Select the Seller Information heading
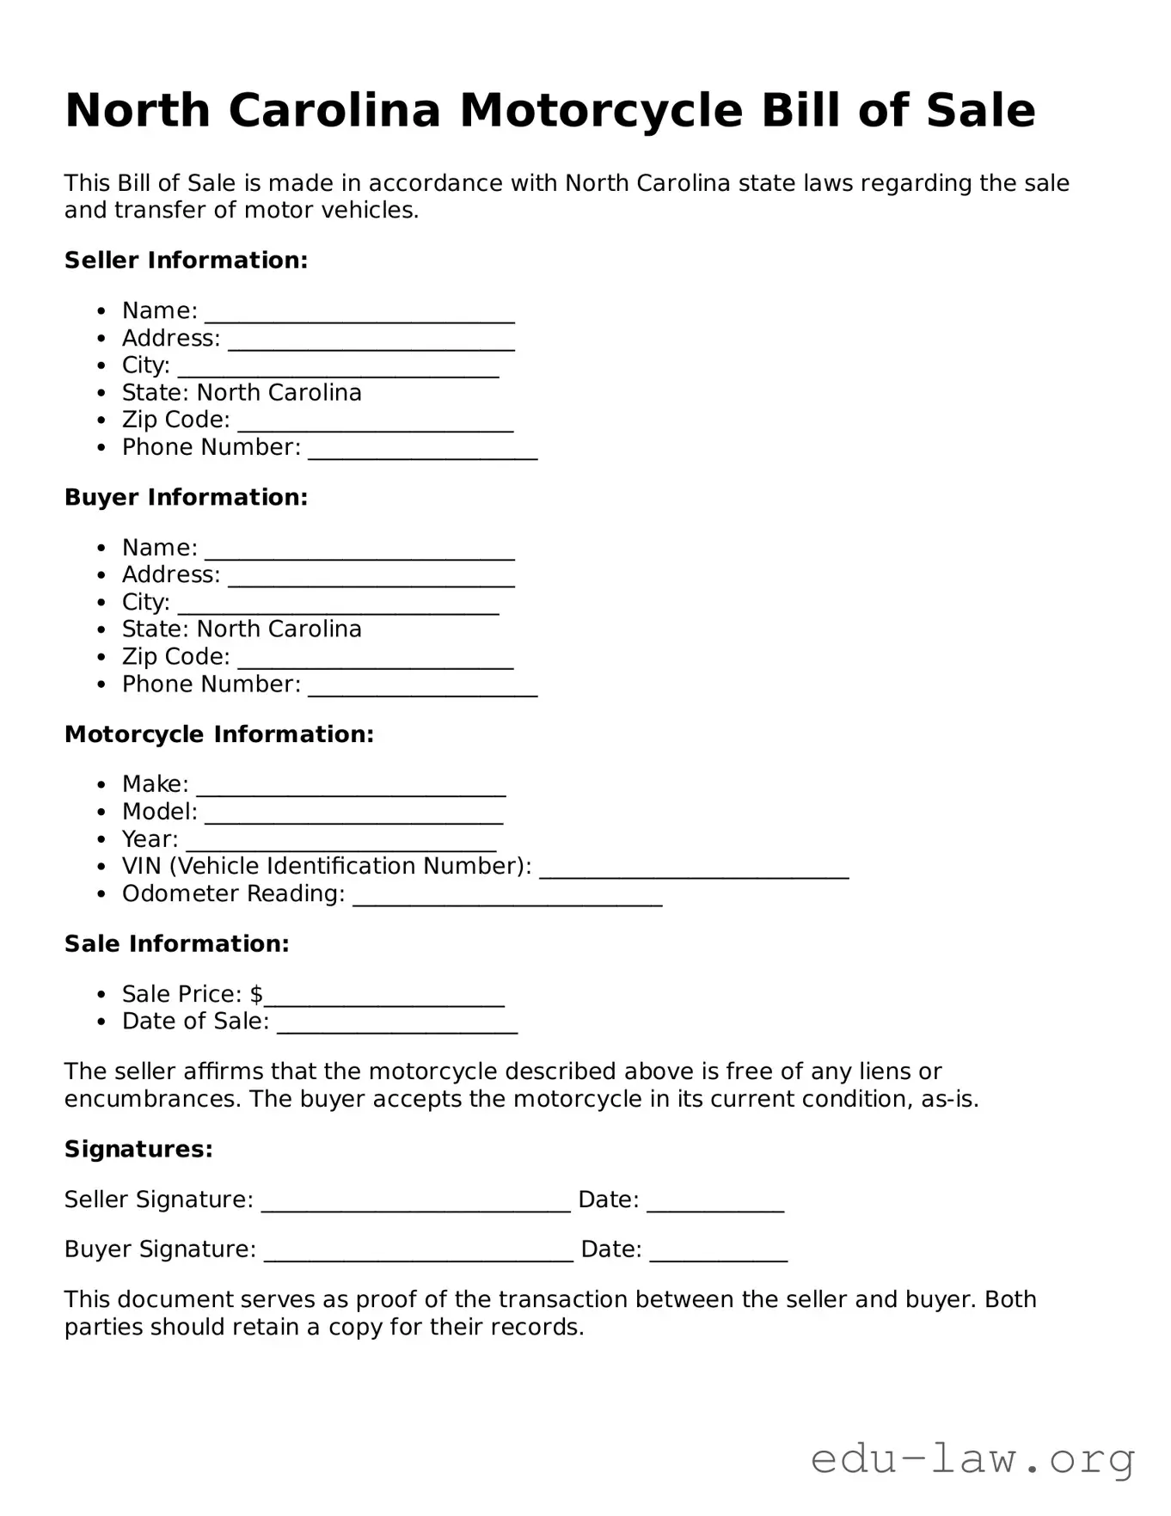186,261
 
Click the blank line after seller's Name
359,316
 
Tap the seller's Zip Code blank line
375,426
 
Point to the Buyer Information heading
186,498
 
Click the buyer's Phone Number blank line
422,690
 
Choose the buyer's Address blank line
371,580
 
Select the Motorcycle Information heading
219,734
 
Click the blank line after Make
351,790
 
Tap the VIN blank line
694,872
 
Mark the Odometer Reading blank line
507,899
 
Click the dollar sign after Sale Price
256,995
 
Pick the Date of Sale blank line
397,1027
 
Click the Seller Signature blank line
415,1206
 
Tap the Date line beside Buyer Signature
718,1255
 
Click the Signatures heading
138,1150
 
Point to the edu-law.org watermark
972,1459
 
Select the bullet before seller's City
102,366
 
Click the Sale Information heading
177,944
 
